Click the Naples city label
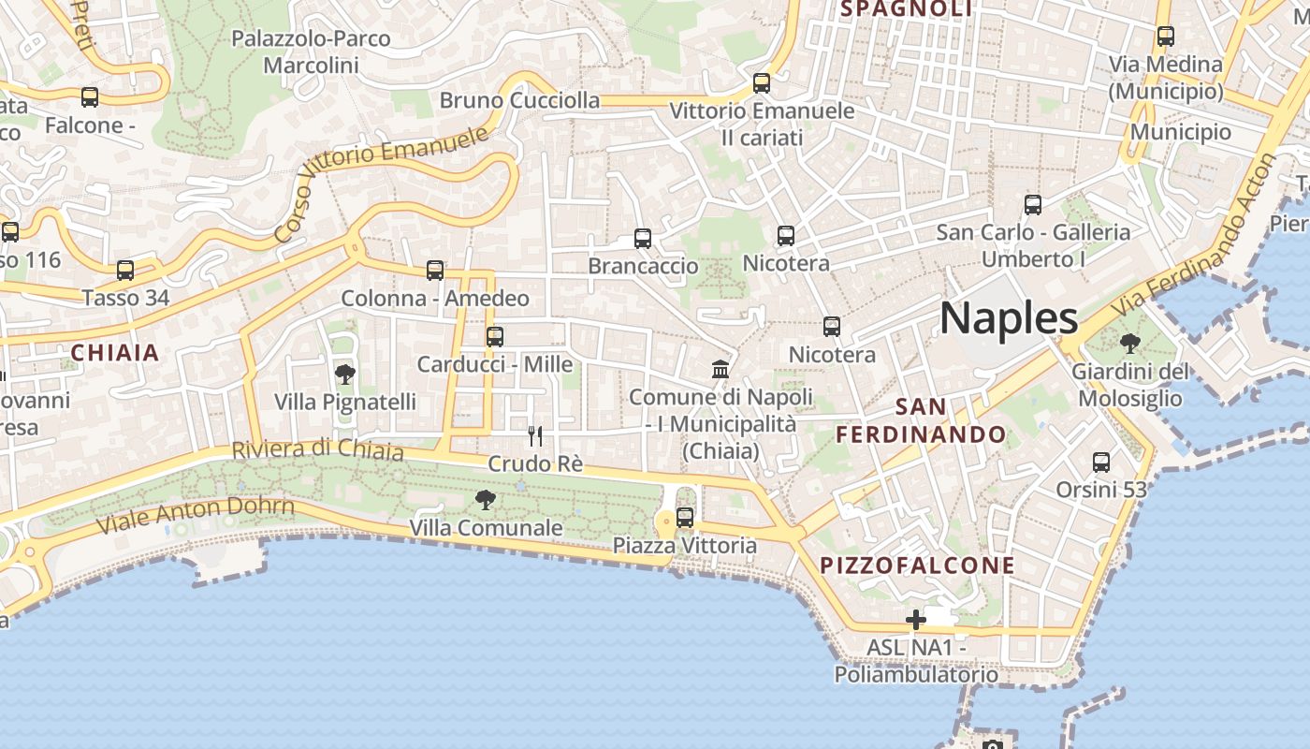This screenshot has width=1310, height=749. pyautogui.click(x=1009, y=318)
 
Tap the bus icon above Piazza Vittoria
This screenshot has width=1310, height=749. pyautogui.click(x=685, y=517)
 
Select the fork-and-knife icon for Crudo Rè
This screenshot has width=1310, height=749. pyautogui.click(x=535, y=435)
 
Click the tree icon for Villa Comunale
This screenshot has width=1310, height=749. pyautogui.click(x=485, y=500)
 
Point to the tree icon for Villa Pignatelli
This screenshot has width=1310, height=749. pyautogui.click(x=344, y=374)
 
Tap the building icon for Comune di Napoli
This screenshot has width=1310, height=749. pyautogui.click(x=720, y=369)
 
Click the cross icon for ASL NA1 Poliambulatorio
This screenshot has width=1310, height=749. pyautogui.click(x=915, y=620)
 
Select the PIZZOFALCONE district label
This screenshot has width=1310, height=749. pyautogui.click(x=917, y=565)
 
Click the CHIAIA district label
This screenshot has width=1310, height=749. pyautogui.click(x=115, y=353)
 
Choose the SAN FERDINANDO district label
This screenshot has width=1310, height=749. pyautogui.click(x=921, y=420)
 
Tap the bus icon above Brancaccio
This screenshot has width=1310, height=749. pyautogui.click(x=643, y=239)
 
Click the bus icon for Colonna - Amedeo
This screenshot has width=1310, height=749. pyautogui.click(x=435, y=271)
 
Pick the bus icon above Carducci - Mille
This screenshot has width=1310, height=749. pyautogui.click(x=495, y=337)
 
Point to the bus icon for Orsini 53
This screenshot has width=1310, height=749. pyautogui.click(x=1101, y=462)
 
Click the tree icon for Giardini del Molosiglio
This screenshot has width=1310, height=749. pyautogui.click(x=1129, y=344)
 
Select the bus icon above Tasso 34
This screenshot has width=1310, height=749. pyautogui.click(x=125, y=271)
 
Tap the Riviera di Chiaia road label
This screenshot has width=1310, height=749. pyautogui.click(x=317, y=449)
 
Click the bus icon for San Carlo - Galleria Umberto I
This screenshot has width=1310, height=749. pyautogui.click(x=1033, y=204)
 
